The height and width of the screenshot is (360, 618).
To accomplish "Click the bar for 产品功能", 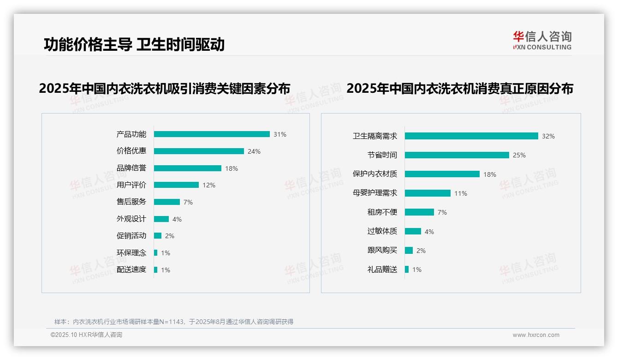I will tap(212, 134).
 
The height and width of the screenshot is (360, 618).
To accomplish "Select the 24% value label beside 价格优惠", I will tap(254, 151).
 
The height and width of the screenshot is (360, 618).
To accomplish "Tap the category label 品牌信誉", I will tap(131, 168).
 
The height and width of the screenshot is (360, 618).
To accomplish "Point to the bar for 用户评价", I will tap(176, 185).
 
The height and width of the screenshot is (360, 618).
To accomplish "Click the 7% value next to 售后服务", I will tap(188, 202).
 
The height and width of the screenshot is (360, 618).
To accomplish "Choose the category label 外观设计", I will tap(131, 219).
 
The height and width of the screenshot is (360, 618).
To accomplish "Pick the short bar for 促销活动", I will tap(158, 236).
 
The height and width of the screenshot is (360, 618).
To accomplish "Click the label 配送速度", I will tap(131, 270).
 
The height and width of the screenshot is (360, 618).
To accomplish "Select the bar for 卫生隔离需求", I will tap(471, 136).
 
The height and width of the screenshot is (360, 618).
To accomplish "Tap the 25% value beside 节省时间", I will tap(519, 155).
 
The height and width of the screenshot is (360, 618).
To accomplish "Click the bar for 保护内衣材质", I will tap(442, 174).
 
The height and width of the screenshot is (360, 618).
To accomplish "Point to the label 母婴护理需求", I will tap(375, 193).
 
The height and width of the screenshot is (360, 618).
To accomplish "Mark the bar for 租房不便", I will tap(419, 212).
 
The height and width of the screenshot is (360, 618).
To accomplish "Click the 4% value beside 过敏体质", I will tap(429, 232).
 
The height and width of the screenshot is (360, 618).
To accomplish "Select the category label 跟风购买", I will tap(382, 250).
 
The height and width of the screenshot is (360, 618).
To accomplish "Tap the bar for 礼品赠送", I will tap(407, 270).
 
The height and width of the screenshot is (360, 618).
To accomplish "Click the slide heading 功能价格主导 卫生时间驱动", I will tap(134, 44).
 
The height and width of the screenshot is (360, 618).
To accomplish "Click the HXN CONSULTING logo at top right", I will tap(542, 41).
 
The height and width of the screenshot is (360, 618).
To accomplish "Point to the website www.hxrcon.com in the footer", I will tap(536, 335).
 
